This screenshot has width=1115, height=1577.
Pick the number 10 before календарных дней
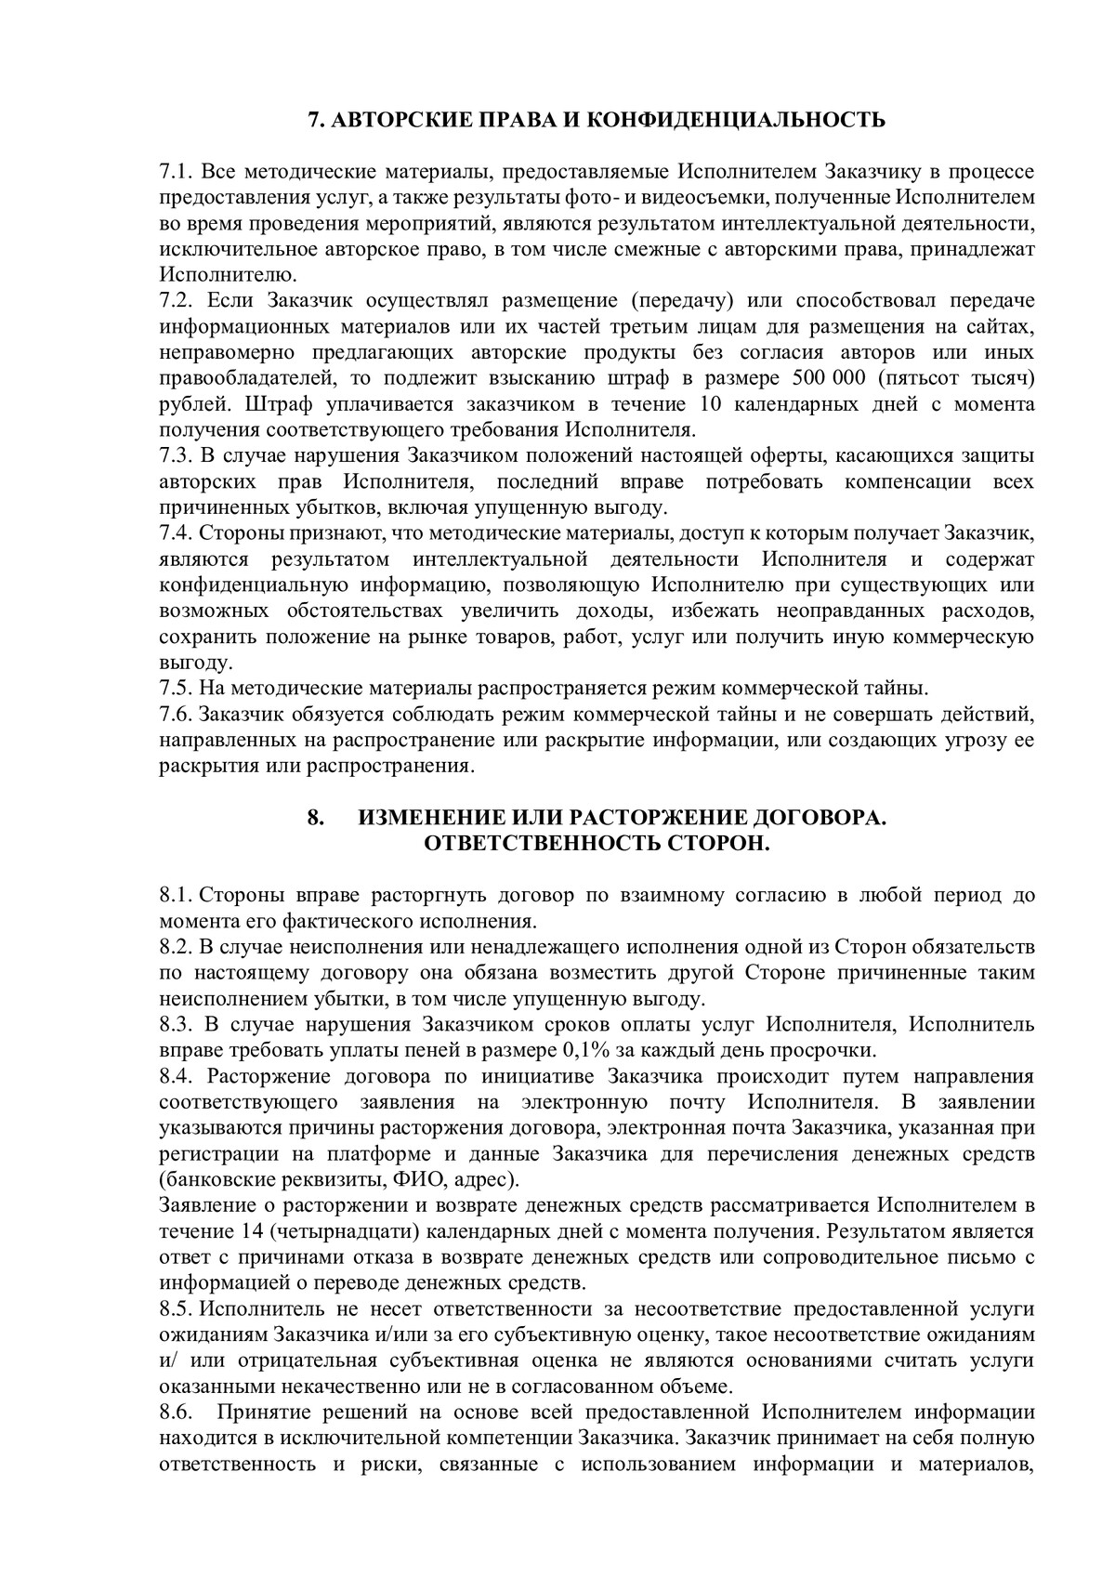[700, 405]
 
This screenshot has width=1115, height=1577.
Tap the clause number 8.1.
[175, 896]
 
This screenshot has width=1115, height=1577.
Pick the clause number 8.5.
[175, 1309]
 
